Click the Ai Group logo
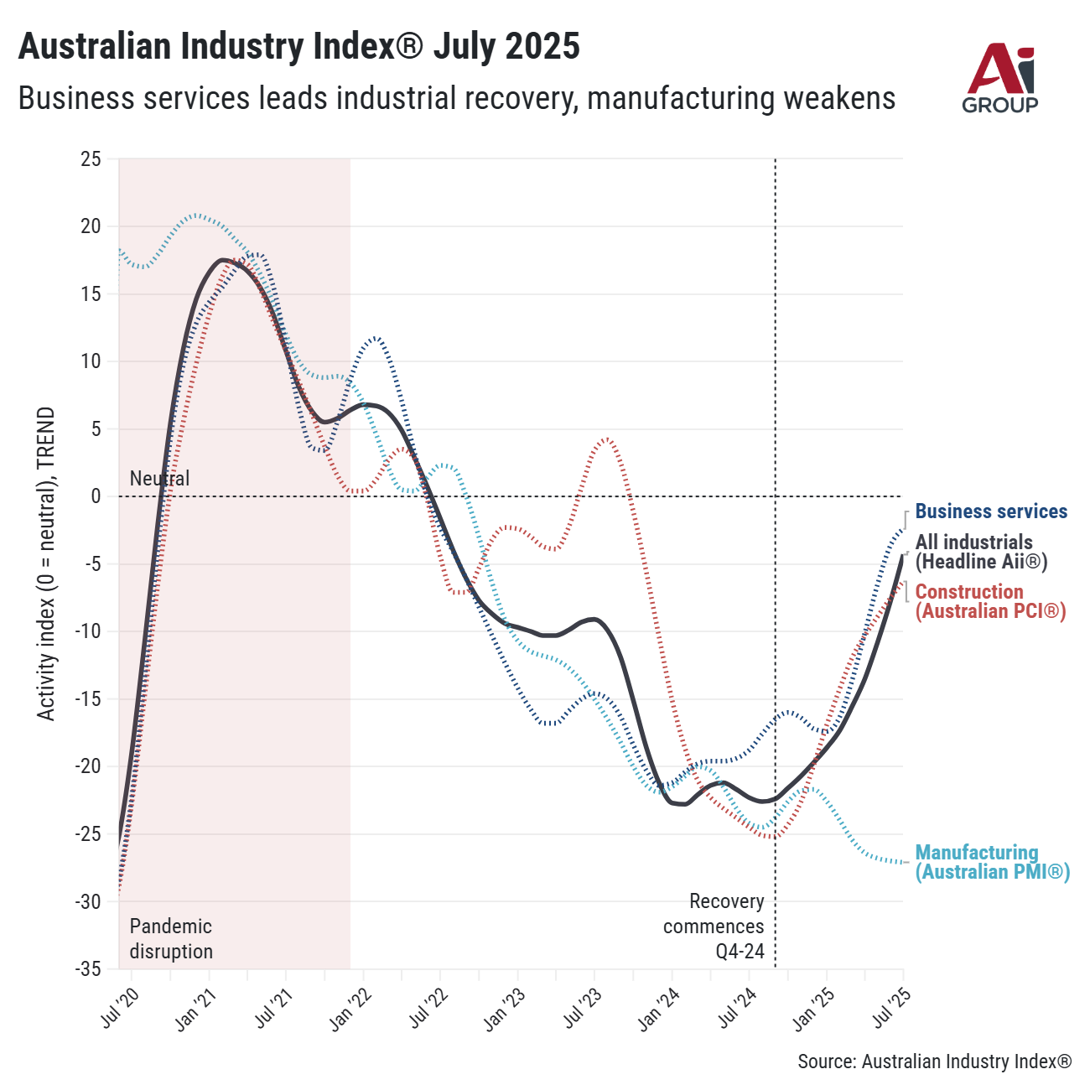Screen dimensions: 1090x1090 pyautogui.click(x=1000, y=79)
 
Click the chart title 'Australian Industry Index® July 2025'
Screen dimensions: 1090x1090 pyautogui.click(x=299, y=46)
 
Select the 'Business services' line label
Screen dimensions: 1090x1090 pyautogui.click(x=991, y=511)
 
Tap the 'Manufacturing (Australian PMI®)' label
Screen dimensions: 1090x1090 pyautogui.click(x=992, y=862)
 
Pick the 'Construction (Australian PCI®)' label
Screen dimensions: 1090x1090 pyautogui.click(x=989, y=601)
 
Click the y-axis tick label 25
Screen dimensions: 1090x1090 pyautogui.click(x=91, y=159)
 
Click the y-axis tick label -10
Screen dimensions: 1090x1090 pyautogui.click(x=87, y=631)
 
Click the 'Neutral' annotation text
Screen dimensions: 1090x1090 pyautogui.click(x=159, y=479)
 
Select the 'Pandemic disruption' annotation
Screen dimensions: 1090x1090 pyautogui.click(x=171, y=939)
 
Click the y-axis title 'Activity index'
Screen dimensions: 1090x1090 pyautogui.click(x=47, y=563)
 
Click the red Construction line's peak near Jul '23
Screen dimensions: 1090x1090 pyautogui.click(x=607, y=439)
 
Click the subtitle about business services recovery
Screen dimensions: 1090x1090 pyautogui.click(x=457, y=98)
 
